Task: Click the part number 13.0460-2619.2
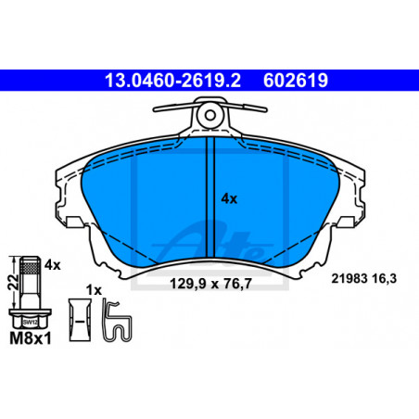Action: [172, 81]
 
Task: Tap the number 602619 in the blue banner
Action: [296, 81]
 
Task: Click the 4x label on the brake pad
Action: [229, 198]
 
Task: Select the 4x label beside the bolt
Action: [53, 265]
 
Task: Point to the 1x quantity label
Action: [94, 290]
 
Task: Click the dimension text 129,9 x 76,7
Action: [211, 284]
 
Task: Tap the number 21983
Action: [349, 278]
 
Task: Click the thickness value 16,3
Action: [385, 279]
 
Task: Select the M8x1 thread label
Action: [31, 338]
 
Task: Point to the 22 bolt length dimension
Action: [13, 282]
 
